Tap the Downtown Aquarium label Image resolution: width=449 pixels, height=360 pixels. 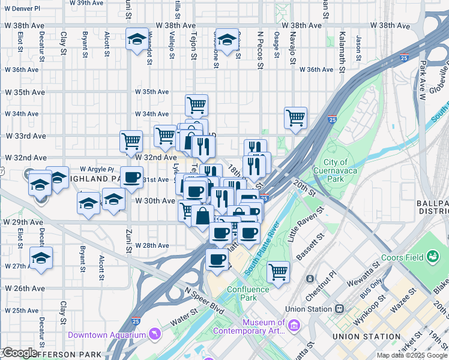tap(107, 334)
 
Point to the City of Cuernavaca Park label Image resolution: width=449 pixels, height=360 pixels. tap(335, 171)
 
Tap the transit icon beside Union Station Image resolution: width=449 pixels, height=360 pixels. tap(339, 308)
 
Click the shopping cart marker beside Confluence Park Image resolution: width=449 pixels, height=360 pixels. tap(278, 271)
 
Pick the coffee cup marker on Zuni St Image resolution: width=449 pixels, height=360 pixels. tap(131, 177)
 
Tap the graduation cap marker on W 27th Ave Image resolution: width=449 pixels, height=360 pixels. tap(41, 259)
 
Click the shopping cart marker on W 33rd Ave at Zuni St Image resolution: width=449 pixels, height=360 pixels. tap(131, 142)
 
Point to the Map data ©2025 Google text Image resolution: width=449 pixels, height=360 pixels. tap(411, 355)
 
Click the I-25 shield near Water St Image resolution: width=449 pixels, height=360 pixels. tap(136, 322)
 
